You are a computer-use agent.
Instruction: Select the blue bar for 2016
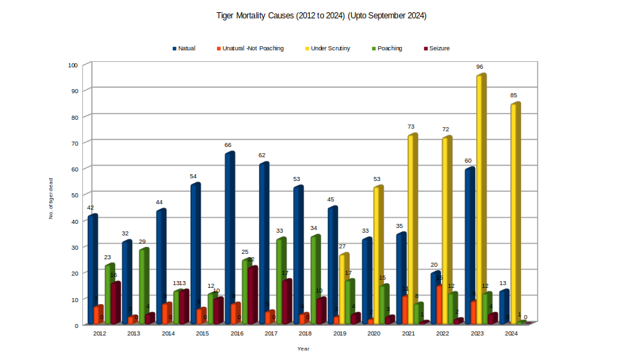pos(229,238)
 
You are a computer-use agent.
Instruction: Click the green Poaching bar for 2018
pos(314,279)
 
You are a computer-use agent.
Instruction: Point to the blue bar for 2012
pos(92,269)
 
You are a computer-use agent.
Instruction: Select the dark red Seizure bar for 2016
pos(252,295)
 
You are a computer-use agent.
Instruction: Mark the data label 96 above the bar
pos(480,67)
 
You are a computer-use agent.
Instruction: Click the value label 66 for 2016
pos(228,145)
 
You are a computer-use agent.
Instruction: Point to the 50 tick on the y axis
pos(75,195)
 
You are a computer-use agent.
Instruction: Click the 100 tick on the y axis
pos(73,65)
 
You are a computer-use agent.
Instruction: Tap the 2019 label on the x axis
pos(340,333)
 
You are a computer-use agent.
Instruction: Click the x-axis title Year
pos(303,348)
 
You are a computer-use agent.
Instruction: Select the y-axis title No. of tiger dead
pos(50,197)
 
